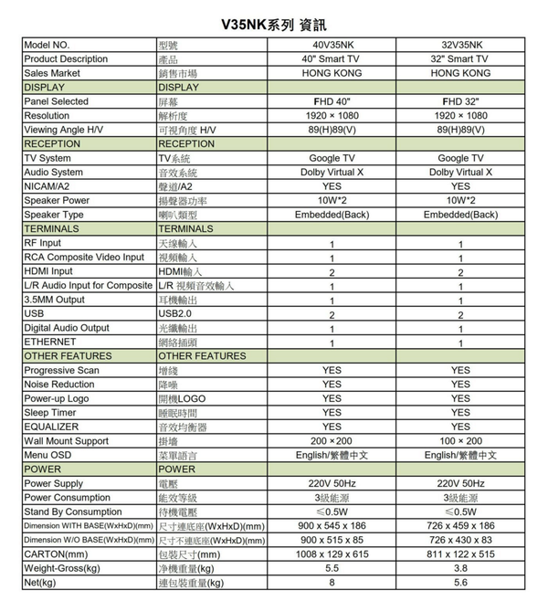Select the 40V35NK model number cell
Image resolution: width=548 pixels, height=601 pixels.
[x=332, y=45]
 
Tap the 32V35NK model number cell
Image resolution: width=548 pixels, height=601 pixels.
[x=460, y=45]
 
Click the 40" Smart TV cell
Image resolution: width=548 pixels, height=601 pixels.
[x=332, y=59]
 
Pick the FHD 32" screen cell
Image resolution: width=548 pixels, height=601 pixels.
[x=460, y=101]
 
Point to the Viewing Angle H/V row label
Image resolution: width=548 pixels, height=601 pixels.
[x=64, y=130]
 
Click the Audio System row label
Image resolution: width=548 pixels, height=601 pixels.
[x=54, y=172]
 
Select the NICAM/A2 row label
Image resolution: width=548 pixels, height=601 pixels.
[x=47, y=186]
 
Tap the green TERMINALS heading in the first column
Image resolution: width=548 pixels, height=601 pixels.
[x=52, y=228]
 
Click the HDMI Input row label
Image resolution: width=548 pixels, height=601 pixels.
[x=49, y=271]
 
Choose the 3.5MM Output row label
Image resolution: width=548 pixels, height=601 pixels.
[x=55, y=300]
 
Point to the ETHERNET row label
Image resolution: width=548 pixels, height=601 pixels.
[x=50, y=342]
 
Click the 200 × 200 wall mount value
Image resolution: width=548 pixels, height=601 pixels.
[x=332, y=441]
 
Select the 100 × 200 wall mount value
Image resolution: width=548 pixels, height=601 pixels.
[x=460, y=441]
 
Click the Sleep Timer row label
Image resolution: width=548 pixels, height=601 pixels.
[x=51, y=413]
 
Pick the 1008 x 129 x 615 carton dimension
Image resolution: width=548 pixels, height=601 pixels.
[x=332, y=554]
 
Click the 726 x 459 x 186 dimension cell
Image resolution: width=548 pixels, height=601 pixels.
[x=460, y=526]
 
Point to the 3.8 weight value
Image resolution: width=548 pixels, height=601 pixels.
[x=460, y=568]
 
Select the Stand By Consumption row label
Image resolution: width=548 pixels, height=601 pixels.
[x=73, y=511]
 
